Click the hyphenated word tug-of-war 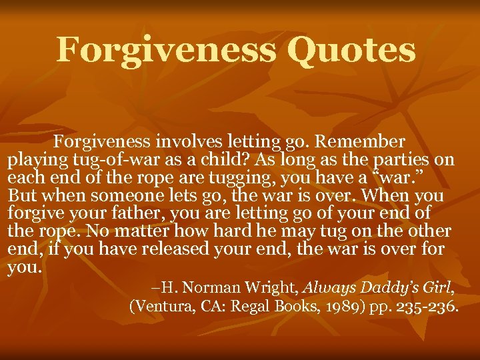pyautogui.click(x=102, y=161)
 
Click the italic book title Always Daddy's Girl pyautogui.click(x=377, y=288)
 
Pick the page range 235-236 pyautogui.click(x=424, y=307)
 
